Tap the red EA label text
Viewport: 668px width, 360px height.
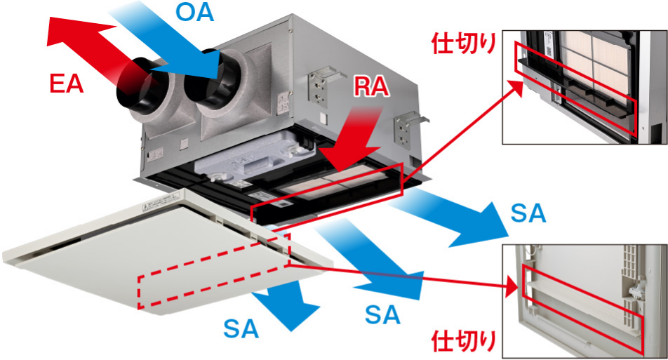[66, 84]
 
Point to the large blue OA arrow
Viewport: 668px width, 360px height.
[168, 39]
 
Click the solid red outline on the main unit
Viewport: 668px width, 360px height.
[327, 194]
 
